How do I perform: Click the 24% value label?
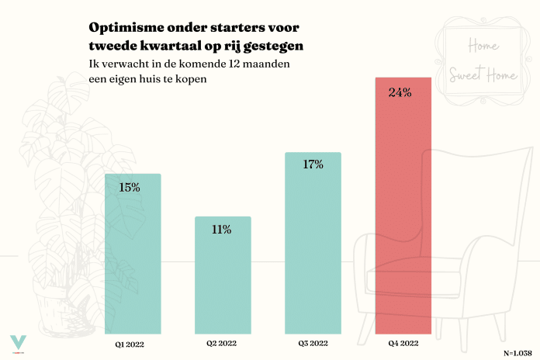(x=400, y=93)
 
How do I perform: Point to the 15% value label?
(x=129, y=187)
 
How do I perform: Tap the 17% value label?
(x=312, y=164)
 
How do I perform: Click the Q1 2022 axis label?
(x=129, y=342)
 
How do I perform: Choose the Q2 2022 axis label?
(x=221, y=342)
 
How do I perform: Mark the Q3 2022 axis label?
(x=313, y=342)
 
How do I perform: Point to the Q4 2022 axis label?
(x=403, y=342)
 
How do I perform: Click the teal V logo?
(x=18, y=342)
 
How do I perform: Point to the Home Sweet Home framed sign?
(x=483, y=61)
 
